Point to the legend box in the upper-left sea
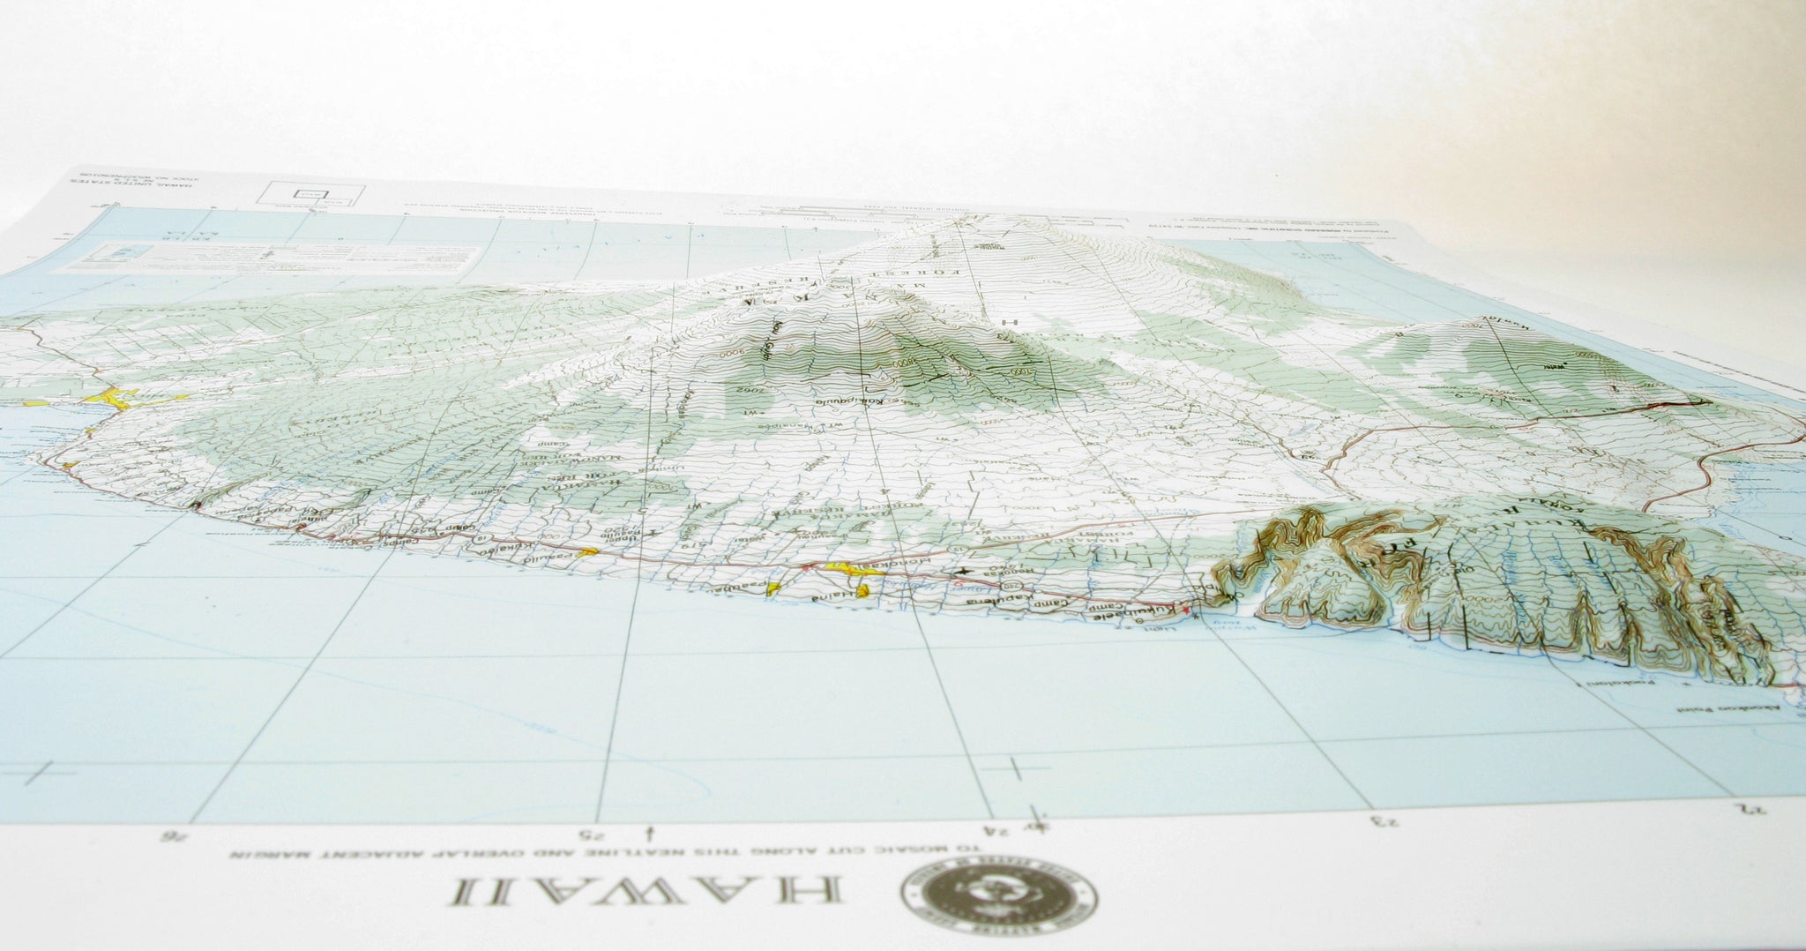(x=291, y=258)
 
